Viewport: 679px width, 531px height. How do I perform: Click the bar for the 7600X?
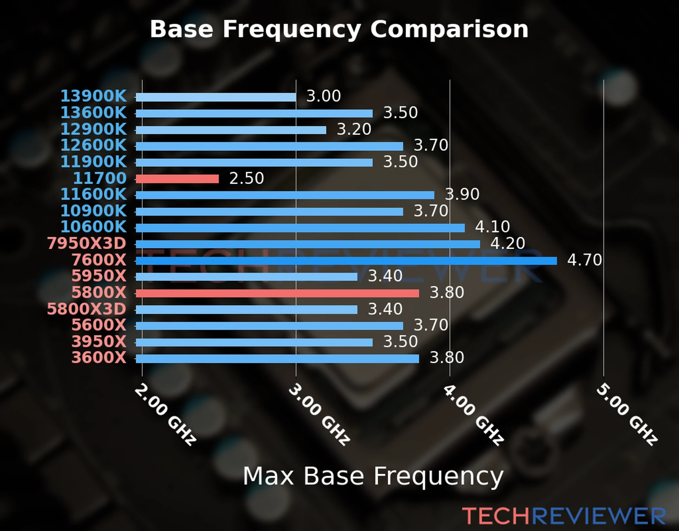346,261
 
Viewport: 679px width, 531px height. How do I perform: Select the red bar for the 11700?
177,179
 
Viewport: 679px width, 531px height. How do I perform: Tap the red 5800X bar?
277,293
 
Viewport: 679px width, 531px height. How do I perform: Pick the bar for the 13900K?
216,97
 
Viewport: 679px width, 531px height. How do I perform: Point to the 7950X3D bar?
308,244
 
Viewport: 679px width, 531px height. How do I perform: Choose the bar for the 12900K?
231,130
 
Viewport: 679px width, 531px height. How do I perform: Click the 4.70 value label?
584,260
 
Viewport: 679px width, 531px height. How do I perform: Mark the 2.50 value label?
246,178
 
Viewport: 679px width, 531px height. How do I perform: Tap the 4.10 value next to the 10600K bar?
492,227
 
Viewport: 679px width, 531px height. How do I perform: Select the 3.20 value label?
354,129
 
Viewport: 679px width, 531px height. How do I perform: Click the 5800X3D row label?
87,309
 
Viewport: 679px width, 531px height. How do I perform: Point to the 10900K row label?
93,211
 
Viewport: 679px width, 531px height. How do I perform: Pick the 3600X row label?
99,358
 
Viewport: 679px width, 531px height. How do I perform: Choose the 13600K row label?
93,113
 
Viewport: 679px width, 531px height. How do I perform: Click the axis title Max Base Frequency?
373,477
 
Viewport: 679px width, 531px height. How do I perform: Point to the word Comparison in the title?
449,30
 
